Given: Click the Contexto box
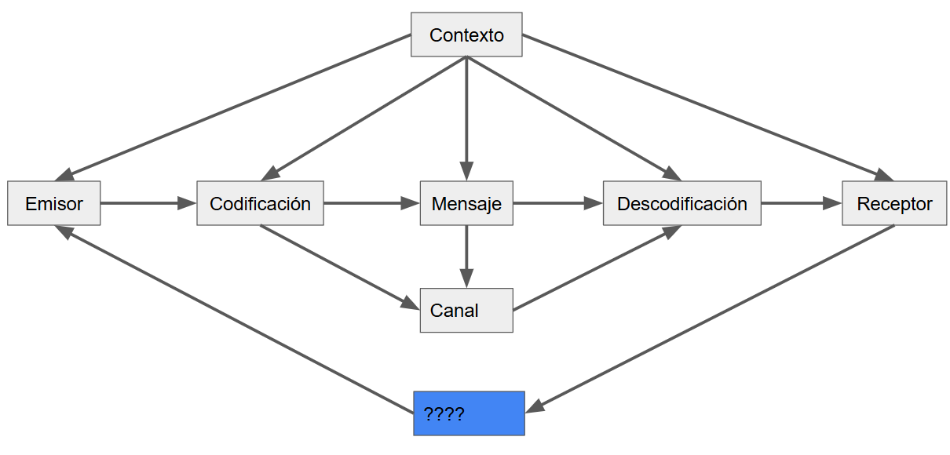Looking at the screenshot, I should coord(466,35).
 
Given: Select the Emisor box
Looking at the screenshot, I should coord(54,204).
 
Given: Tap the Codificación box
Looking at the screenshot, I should coord(260,204).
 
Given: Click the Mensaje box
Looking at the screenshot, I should coord(466,204).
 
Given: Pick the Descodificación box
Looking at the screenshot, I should coord(681,204).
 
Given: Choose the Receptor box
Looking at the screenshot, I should coord(894,204).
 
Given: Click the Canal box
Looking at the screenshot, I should coord(466,310).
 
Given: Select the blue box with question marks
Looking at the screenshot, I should coord(469,413).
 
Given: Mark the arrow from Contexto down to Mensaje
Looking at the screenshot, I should coord(466,118).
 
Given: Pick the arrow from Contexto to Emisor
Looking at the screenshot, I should coord(236,106).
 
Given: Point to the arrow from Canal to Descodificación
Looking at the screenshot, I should coord(597,268).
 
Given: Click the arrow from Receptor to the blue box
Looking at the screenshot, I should coord(711,318).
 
